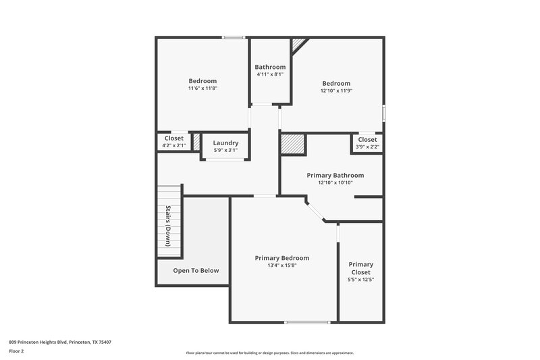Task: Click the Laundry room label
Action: tap(225, 143)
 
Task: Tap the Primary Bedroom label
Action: tap(281, 258)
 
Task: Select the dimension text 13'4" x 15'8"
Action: tap(281, 265)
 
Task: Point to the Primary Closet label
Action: tap(360, 268)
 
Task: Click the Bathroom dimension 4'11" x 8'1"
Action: tap(270, 74)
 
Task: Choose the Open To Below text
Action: tap(196, 271)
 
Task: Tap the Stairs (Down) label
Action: tap(168, 225)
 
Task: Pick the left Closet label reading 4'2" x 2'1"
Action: tap(173, 145)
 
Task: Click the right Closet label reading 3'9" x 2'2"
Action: tap(367, 147)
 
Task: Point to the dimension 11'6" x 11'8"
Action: tap(202, 88)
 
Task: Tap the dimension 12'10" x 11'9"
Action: tap(335, 91)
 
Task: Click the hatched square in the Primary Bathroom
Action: tap(294, 145)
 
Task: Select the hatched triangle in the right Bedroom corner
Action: tap(298, 43)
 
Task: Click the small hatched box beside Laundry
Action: tap(196, 142)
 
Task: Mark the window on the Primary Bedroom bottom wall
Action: tap(307, 322)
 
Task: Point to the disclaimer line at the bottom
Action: tap(269, 353)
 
